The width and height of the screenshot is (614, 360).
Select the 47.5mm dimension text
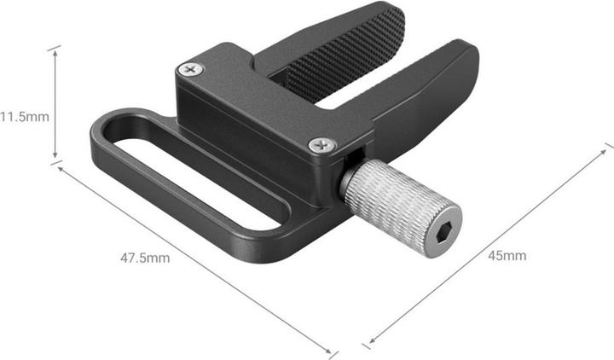tap(146, 258)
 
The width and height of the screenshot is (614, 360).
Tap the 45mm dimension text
tap(507, 256)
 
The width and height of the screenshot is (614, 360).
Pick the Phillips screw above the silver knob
tap(322, 144)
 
